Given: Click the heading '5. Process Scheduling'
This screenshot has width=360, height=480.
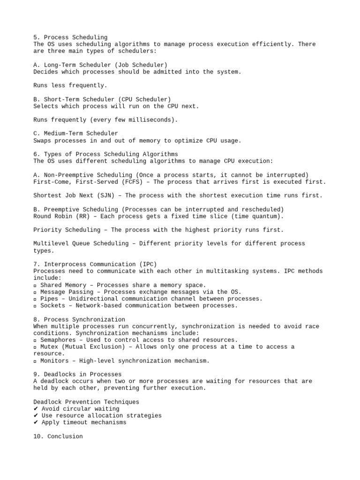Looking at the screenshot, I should point(70,37).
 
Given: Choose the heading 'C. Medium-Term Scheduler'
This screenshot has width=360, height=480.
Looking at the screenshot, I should point(76,134).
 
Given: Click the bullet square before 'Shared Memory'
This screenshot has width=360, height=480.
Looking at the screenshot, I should point(35,285).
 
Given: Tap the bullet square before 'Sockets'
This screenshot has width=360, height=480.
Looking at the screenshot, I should point(35,306).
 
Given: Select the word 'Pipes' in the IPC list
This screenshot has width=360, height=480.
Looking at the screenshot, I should point(49,299).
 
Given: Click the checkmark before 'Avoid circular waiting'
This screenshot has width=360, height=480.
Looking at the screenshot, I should point(36,409).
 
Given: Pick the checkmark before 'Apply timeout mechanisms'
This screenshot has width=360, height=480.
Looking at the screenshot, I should point(36,422).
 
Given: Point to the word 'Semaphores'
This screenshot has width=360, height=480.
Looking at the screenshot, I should point(58,340).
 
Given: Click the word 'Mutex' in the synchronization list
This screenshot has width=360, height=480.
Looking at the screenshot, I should point(49,347).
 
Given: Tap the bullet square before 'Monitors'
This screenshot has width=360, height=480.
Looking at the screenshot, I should point(35,360).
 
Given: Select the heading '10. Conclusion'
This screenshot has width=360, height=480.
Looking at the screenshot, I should point(58,436).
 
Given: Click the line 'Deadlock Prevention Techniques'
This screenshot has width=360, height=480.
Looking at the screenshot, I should point(86,402).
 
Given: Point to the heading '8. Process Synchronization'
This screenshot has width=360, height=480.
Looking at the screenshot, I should point(79,319).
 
